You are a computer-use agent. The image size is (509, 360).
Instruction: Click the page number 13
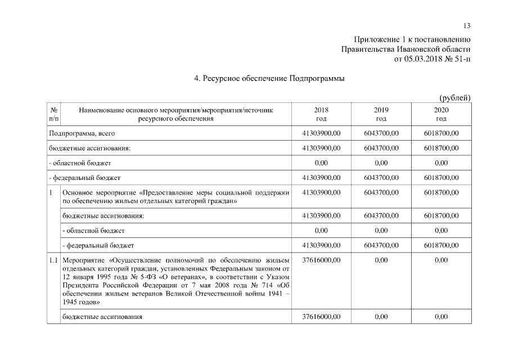coord(467,26)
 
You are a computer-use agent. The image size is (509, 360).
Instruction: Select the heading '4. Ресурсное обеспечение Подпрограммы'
coord(269,79)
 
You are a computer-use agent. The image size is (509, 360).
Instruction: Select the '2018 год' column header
coord(322,114)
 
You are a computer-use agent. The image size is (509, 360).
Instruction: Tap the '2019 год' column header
coord(381,114)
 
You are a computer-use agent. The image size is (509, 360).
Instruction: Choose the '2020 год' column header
coord(441,114)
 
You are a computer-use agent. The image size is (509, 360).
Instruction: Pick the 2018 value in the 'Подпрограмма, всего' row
coord(322,133)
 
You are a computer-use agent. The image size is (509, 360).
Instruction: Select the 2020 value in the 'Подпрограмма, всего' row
coord(441,133)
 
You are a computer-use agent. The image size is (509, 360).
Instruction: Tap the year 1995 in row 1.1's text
coord(105,277)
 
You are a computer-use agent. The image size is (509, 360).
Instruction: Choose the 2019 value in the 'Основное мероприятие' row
coord(381,193)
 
